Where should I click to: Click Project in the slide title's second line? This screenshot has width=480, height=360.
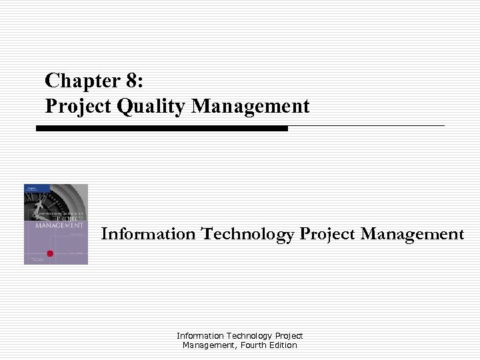(71, 106)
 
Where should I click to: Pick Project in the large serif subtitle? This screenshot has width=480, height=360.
(329, 234)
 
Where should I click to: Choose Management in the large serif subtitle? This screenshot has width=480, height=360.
(413, 234)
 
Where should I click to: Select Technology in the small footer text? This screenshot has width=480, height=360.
(249, 336)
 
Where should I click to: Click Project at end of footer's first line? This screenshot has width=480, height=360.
(289, 336)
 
